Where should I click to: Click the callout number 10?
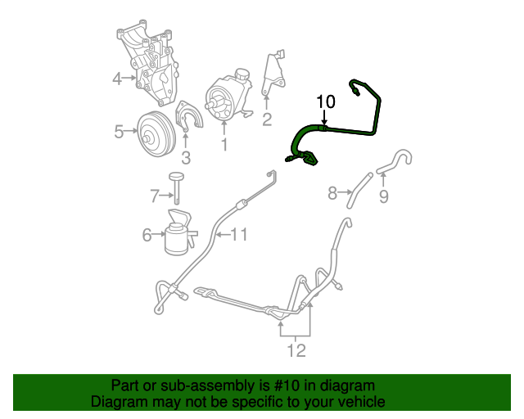coord(326,101)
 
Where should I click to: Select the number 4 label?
coord(117,79)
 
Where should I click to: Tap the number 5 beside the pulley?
coord(119,131)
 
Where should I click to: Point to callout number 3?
coord(186,157)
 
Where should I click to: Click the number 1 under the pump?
coord(224,145)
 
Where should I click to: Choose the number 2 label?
coord(267,120)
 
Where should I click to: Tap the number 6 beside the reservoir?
coord(147,236)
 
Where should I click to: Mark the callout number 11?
coord(238,235)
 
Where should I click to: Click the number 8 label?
coord(332,193)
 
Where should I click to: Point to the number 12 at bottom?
coord(296,351)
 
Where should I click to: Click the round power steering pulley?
coord(152,133)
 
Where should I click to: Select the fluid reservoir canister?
coord(178,233)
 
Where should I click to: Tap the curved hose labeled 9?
coord(397,160)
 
